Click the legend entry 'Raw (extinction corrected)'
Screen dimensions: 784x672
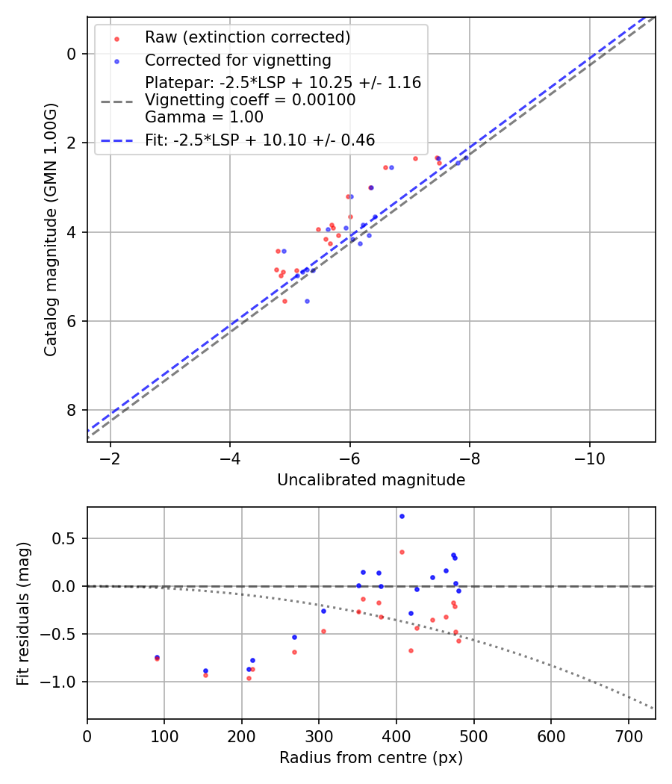247,37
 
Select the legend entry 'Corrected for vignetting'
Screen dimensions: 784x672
237,60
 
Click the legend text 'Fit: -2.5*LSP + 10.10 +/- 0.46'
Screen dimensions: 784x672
260,140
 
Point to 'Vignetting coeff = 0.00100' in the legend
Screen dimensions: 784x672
250,99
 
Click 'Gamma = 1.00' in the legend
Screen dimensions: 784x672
204,116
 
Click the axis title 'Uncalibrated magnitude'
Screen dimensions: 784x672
371,480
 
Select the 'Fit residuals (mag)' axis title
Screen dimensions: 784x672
23,612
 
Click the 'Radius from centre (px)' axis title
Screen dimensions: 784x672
371,758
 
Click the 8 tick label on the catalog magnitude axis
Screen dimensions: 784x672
72,410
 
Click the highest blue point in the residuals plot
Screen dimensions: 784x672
402,516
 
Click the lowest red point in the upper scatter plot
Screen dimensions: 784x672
284,301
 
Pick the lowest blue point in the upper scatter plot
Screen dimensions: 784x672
307,301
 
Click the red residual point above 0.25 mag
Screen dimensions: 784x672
402,552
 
